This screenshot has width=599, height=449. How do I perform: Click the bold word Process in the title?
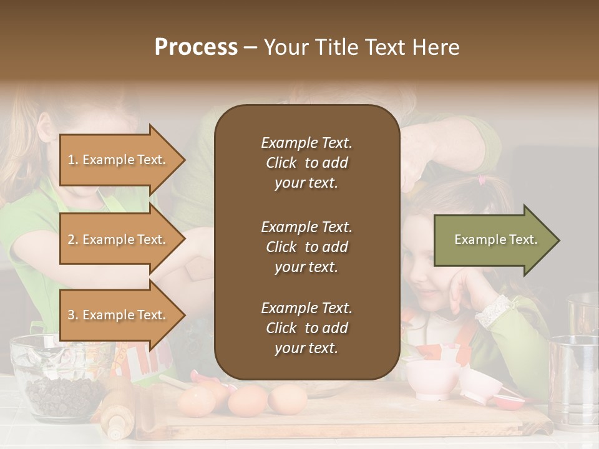point(196,47)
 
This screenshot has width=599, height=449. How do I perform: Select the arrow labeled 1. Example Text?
point(119,160)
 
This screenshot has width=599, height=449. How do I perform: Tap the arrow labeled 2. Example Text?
point(119,239)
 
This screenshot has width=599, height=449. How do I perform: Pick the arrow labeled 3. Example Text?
point(119,315)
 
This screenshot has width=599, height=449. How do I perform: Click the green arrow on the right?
point(496,240)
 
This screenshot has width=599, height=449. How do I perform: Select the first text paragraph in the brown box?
point(306,163)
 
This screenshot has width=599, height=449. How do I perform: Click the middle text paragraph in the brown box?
point(306,247)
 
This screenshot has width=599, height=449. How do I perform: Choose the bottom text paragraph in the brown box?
point(306,328)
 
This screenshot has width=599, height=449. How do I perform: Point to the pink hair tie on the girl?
point(482,180)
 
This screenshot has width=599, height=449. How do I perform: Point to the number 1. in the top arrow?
point(73,160)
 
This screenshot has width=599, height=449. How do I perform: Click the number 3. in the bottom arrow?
point(73,315)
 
